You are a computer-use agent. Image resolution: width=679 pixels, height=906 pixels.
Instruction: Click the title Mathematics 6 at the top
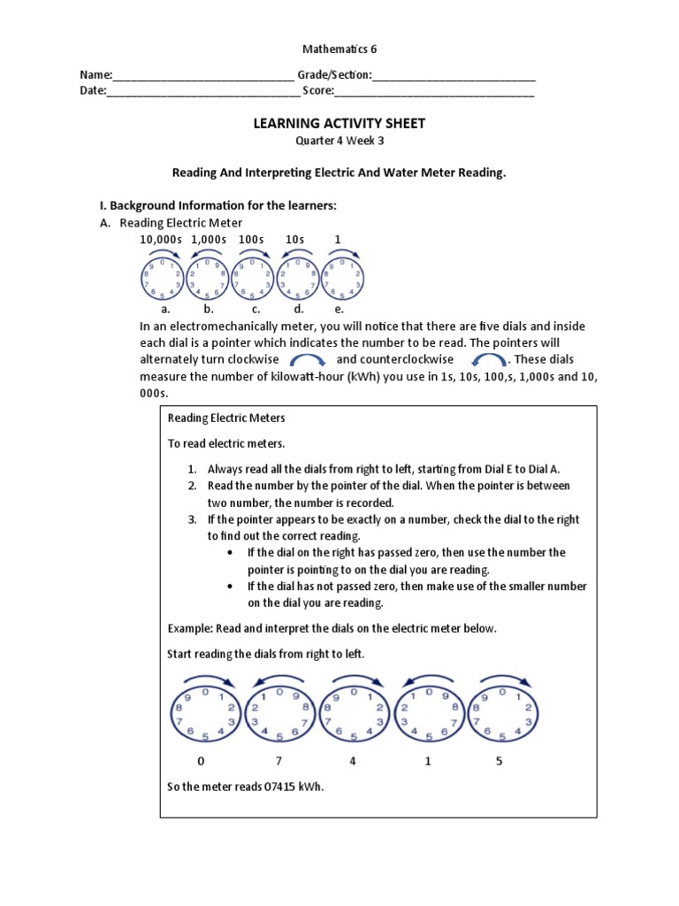click(339, 50)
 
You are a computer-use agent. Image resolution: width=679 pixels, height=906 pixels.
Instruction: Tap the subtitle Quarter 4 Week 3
click(339, 141)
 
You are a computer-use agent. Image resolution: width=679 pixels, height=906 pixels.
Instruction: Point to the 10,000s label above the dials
click(160, 240)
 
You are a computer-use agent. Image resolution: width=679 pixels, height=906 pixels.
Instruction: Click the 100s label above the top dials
click(251, 240)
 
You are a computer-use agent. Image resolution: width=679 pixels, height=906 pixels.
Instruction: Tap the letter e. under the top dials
click(339, 310)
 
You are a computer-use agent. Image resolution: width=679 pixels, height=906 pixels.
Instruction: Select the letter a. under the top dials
click(164, 310)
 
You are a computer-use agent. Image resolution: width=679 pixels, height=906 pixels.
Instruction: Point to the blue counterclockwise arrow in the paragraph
click(488, 360)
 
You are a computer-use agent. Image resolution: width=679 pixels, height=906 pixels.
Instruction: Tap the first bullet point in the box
click(230, 553)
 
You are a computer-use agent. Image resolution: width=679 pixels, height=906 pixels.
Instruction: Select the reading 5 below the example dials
click(499, 761)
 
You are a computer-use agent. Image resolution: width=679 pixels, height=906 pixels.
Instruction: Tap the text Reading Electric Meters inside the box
click(226, 418)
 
